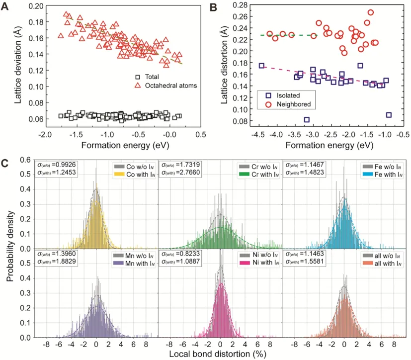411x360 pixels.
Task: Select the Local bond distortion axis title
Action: point(221,354)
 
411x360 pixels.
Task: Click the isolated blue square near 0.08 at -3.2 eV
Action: point(307,119)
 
